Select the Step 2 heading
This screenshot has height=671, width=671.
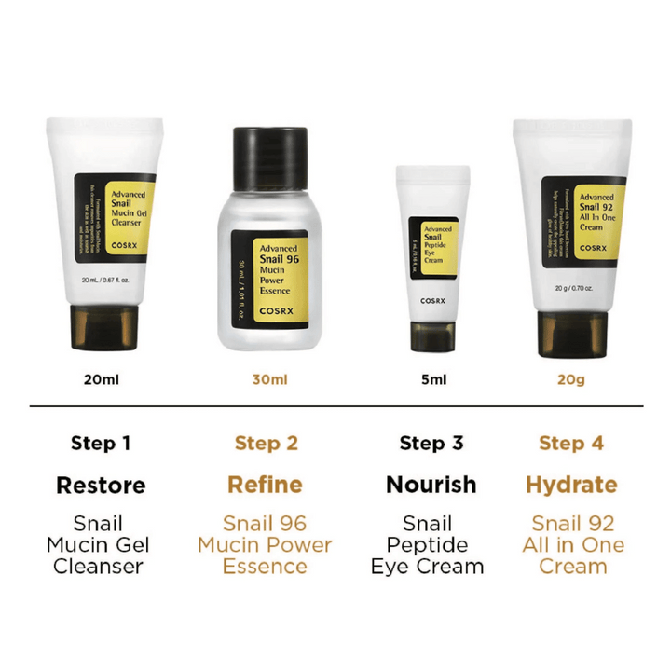click(266, 443)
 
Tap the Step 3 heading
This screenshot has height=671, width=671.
click(431, 443)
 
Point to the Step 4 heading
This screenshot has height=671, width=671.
click(571, 443)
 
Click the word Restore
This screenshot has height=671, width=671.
click(101, 486)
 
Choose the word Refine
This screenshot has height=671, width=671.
click(266, 486)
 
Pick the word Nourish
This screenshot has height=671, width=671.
click(431, 486)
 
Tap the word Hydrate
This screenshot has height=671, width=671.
click(571, 486)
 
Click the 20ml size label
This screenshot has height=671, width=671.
click(101, 380)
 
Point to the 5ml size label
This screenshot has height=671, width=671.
click(431, 380)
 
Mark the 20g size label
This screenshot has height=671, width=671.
click(571, 380)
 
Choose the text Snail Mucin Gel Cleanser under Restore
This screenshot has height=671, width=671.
click(101, 545)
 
